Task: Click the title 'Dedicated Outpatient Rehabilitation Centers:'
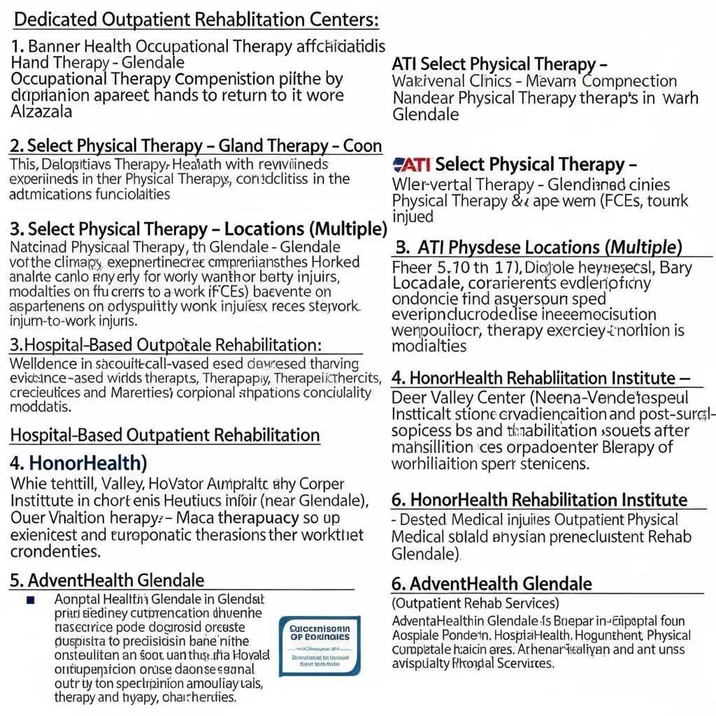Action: tap(196, 20)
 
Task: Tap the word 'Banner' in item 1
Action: tap(57, 48)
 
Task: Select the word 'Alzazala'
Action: tap(41, 110)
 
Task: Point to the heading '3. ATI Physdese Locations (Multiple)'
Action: tap(538, 247)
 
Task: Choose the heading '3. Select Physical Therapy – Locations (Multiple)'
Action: tap(199, 229)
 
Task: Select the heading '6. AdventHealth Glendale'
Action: tap(491, 584)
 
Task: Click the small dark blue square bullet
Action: tap(30, 600)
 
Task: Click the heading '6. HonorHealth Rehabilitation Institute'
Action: tap(538, 500)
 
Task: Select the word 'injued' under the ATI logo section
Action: tap(413, 217)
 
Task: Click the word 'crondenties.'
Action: tap(56, 551)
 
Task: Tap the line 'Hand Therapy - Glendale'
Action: tap(98, 63)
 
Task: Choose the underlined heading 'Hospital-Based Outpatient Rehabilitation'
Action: tap(165, 435)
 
